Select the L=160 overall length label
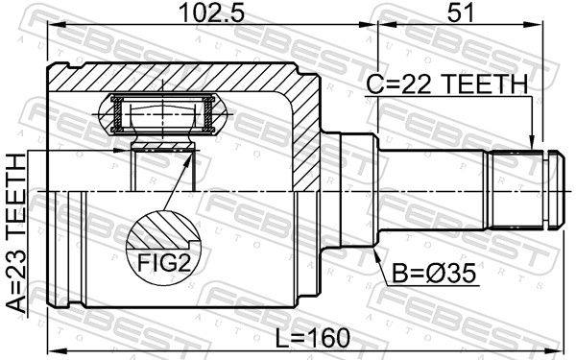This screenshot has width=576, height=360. (x=313, y=338)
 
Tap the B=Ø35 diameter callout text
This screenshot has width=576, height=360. (x=434, y=274)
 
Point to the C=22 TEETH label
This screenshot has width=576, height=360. (x=447, y=84)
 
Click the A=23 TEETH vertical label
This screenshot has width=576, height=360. (x=16, y=233)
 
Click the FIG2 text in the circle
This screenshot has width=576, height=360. (x=164, y=263)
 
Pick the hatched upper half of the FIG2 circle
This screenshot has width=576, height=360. (x=163, y=228)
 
